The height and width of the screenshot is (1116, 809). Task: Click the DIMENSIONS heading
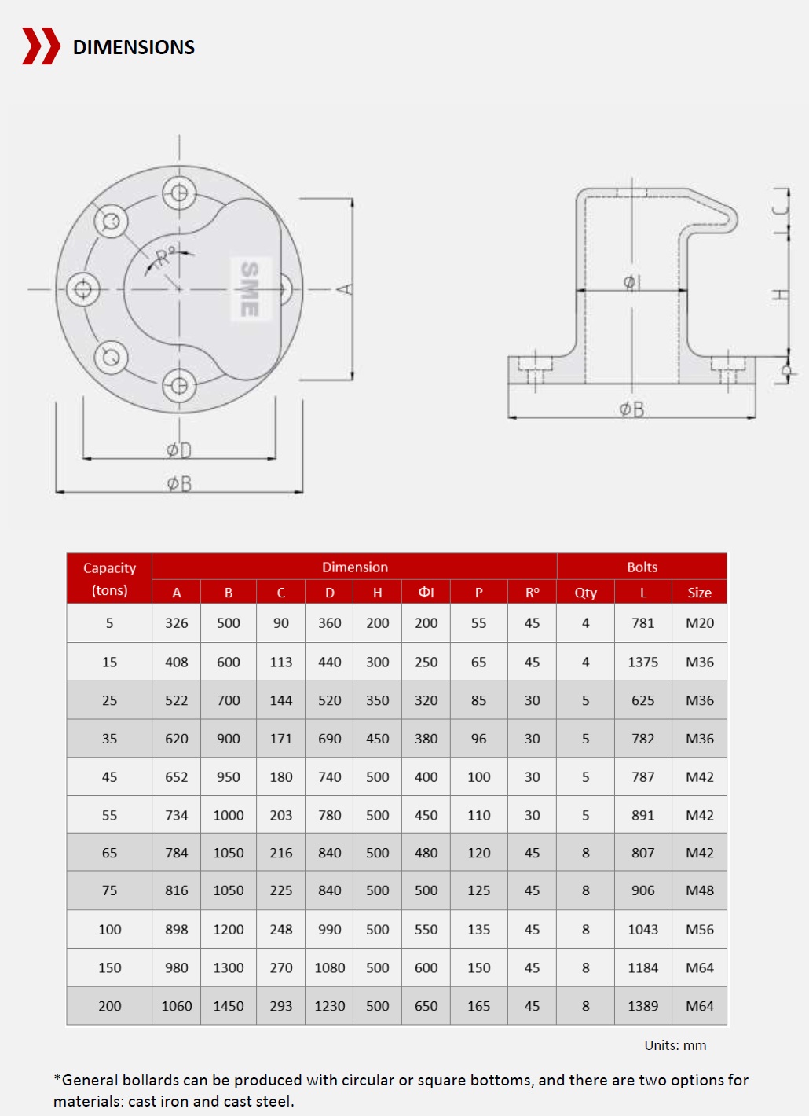tap(134, 47)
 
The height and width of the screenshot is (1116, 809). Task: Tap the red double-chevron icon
tap(42, 46)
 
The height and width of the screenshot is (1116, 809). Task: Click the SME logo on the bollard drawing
tap(250, 289)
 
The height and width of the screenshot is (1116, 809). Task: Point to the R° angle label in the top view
tap(165, 256)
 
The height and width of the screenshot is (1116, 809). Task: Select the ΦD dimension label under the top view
tap(179, 450)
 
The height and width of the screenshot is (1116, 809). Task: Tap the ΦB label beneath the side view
tap(631, 409)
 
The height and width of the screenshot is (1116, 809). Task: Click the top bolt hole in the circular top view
tap(179, 193)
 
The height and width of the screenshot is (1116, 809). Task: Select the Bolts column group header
tap(642, 567)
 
